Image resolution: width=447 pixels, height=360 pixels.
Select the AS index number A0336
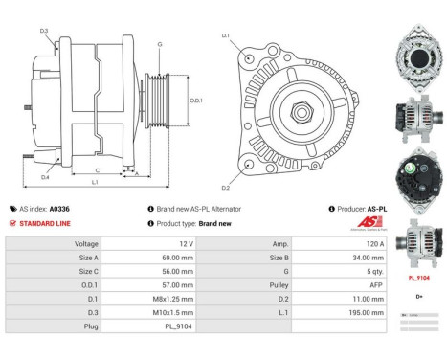click(59, 208)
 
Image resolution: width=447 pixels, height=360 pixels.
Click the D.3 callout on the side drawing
click(44, 32)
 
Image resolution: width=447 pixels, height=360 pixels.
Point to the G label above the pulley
click(159, 45)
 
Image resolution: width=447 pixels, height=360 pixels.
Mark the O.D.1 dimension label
click(195, 100)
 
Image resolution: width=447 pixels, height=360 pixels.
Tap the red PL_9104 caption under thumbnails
click(417, 277)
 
